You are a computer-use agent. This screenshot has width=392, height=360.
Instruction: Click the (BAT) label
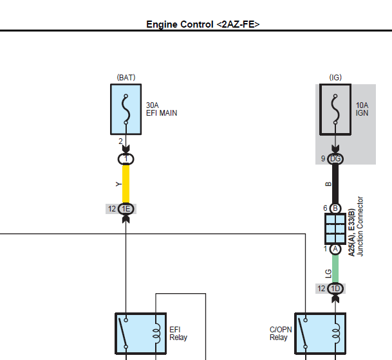pyautogui.click(x=126, y=77)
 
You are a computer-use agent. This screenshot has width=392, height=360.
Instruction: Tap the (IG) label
pyautogui.click(x=335, y=77)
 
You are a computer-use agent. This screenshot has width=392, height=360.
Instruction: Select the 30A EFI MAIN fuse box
pyautogui.click(x=126, y=109)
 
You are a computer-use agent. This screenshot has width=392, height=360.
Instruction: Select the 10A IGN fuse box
pyautogui.click(x=335, y=109)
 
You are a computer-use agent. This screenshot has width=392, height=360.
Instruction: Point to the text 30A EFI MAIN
pyautogui.click(x=161, y=109)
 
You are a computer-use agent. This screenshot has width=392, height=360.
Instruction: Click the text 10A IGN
pyautogui.click(x=362, y=109)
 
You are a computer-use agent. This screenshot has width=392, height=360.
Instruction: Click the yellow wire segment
pyautogui.click(x=126, y=184)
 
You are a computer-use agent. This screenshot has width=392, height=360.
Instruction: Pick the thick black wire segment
pyautogui.click(x=335, y=184)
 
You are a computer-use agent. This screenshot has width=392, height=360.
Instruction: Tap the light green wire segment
pyautogui.click(x=335, y=269)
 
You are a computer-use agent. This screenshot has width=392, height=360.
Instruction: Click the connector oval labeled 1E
pyautogui.click(x=126, y=208)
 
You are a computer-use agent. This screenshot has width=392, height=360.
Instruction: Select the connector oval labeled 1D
pyautogui.click(x=335, y=289)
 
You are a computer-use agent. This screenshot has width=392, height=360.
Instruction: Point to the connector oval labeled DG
pyautogui.click(x=335, y=159)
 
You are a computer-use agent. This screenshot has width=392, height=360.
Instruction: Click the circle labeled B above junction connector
pyautogui.click(x=335, y=208)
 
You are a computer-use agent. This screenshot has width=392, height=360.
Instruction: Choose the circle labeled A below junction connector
pyautogui.click(x=335, y=249)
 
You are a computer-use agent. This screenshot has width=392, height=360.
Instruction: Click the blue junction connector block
pyautogui.click(x=335, y=229)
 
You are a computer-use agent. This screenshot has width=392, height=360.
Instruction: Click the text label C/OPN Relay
pyautogui.click(x=279, y=334)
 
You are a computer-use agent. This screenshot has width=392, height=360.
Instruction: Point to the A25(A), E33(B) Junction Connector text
pyautogui.click(x=356, y=226)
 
